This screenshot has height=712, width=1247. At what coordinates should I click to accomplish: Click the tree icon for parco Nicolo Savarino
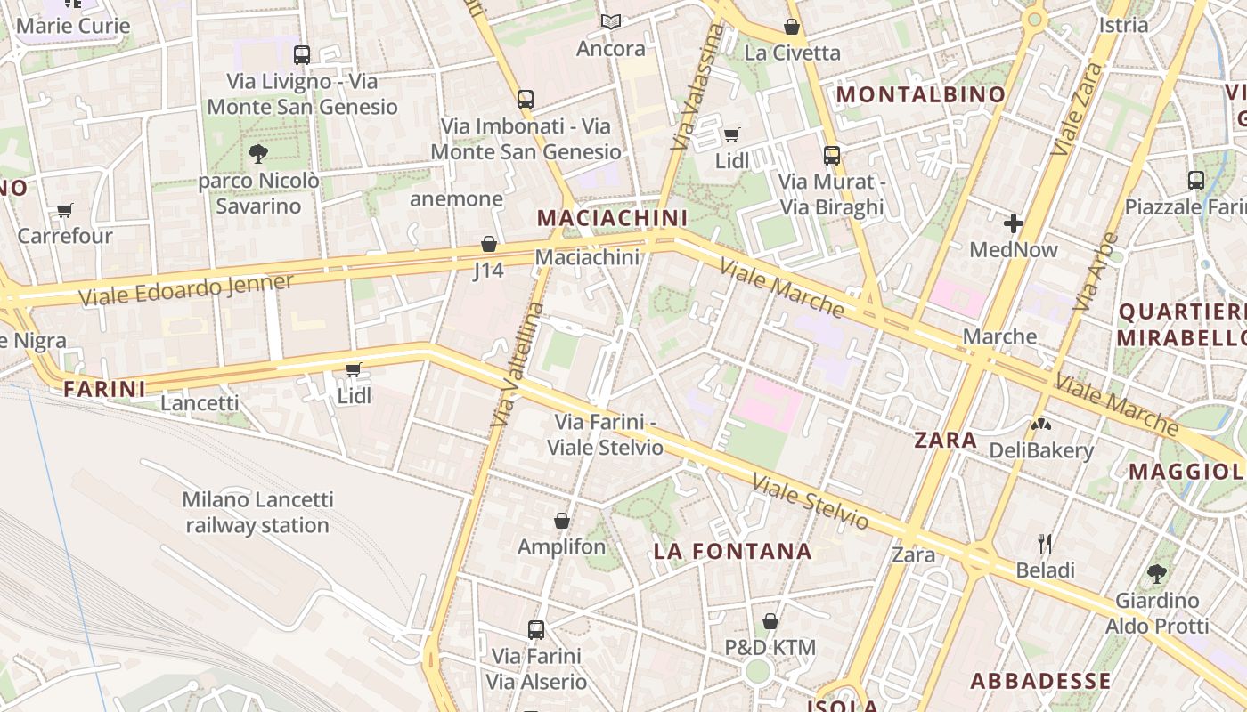pyautogui.click(x=258, y=154)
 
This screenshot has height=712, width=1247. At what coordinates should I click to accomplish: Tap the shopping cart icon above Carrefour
pyautogui.click(x=64, y=210)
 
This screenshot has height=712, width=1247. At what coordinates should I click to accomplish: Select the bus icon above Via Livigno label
pyautogui.click(x=302, y=55)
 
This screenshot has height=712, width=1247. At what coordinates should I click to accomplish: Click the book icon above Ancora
pyautogui.click(x=610, y=22)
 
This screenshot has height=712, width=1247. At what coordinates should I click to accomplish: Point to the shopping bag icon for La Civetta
pyautogui.click(x=791, y=27)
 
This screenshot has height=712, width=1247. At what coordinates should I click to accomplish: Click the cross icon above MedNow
pyautogui.click(x=1014, y=223)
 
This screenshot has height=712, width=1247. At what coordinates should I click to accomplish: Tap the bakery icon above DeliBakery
pyautogui.click(x=1040, y=425)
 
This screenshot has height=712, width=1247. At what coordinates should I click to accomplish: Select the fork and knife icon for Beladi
pyautogui.click(x=1046, y=543)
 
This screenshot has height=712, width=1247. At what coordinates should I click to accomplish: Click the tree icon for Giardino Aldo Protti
pyautogui.click(x=1157, y=574)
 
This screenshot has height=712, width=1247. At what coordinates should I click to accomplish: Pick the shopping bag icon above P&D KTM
pyautogui.click(x=770, y=621)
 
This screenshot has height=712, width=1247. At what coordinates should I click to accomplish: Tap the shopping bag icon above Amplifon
pyautogui.click(x=562, y=521)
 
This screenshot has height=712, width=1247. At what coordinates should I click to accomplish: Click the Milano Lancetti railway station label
pyautogui.click(x=257, y=513)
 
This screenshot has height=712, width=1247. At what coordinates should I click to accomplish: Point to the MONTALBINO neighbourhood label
pyautogui.click(x=921, y=94)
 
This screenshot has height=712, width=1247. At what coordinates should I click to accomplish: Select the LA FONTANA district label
pyautogui.click(x=732, y=551)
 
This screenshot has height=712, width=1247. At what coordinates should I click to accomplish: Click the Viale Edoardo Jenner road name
pyautogui.click(x=186, y=290)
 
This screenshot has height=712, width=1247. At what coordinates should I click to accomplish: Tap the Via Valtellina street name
pyautogui.click(x=517, y=365)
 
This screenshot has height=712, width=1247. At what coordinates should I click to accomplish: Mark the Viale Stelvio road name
pyautogui.click(x=810, y=501)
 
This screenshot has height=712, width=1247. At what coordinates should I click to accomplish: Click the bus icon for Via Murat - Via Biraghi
pyautogui.click(x=832, y=156)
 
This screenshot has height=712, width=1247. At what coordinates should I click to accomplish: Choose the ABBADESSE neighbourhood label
pyautogui.click(x=1040, y=682)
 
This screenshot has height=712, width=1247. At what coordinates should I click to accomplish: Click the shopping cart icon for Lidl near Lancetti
pyautogui.click(x=354, y=369)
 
